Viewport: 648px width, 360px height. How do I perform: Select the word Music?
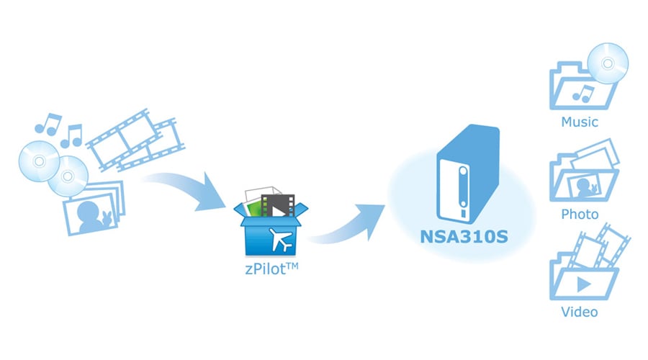580,122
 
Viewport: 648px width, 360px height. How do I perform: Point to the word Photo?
580,215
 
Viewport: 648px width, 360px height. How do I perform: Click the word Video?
580,312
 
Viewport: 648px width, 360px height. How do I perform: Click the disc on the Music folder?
606,60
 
